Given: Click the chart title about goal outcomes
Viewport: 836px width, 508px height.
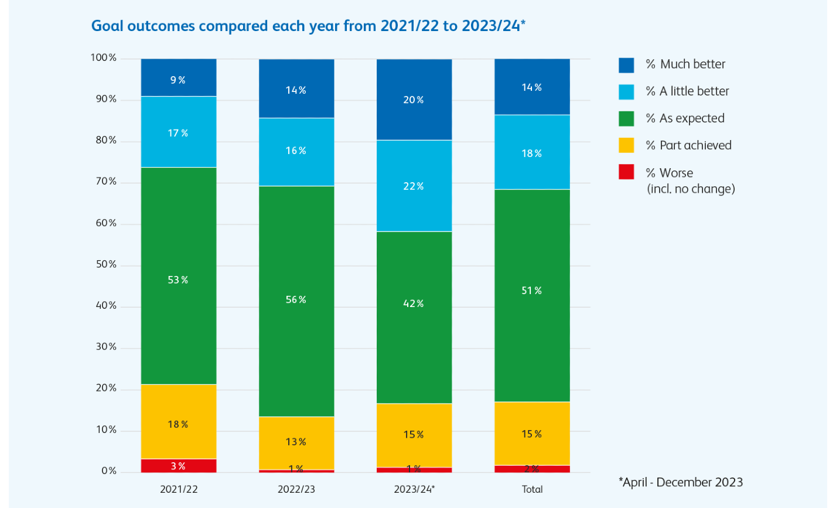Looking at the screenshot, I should (x=308, y=26).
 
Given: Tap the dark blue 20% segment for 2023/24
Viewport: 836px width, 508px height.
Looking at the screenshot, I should (x=414, y=100).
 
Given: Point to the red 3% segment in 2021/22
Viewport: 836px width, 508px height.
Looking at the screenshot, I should (x=179, y=466).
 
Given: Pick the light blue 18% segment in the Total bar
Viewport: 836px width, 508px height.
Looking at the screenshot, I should (x=532, y=152).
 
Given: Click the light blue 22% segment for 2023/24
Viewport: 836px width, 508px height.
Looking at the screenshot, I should (x=414, y=186).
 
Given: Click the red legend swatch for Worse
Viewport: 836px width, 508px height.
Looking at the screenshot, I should (x=626, y=172).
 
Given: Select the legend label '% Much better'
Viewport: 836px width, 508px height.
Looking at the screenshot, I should (x=685, y=64).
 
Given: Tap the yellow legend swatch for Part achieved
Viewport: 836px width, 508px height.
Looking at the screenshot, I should (x=626, y=145).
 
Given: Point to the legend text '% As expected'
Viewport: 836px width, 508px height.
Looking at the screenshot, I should (x=685, y=118).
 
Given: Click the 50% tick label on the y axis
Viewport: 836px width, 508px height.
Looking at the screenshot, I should (x=106, y=265).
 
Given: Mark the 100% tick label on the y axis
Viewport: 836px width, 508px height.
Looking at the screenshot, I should (x=104, y=58).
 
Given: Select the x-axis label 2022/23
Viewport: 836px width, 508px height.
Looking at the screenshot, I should (x=296, y=489).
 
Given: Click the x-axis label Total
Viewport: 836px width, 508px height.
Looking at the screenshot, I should (x=532, y=489).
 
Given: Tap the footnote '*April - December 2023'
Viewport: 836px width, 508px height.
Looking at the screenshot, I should (x=681, y=482).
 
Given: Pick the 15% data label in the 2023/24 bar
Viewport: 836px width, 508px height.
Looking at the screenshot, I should (x=414, y=435).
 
